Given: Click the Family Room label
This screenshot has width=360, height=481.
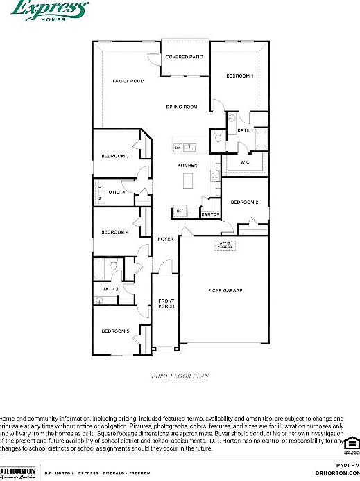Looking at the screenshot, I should [128, 81].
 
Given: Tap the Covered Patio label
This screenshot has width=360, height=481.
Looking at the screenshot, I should [184, 56].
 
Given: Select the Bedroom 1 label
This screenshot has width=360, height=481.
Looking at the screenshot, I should [240, 76].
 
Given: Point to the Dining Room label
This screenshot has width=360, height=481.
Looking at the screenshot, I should [182, 107].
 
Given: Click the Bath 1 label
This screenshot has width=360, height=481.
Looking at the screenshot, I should [245, 130].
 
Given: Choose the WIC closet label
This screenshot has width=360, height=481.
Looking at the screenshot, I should [245, 161].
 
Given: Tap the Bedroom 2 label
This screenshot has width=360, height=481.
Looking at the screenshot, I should [244, 202].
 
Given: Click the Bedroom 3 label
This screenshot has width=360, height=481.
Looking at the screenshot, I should [115, 156].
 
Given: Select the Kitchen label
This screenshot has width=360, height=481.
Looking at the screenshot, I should [187, 165].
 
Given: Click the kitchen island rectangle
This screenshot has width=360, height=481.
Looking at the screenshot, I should [187, 181].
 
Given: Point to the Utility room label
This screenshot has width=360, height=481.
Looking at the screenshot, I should [117, 192].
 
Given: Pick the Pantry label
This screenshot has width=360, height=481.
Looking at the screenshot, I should [210, 215].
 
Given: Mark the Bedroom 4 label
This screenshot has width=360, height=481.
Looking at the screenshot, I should [115, 232].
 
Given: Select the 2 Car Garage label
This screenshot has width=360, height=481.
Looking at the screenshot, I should [225, 290].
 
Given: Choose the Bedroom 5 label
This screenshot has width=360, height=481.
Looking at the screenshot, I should [115, 331].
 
